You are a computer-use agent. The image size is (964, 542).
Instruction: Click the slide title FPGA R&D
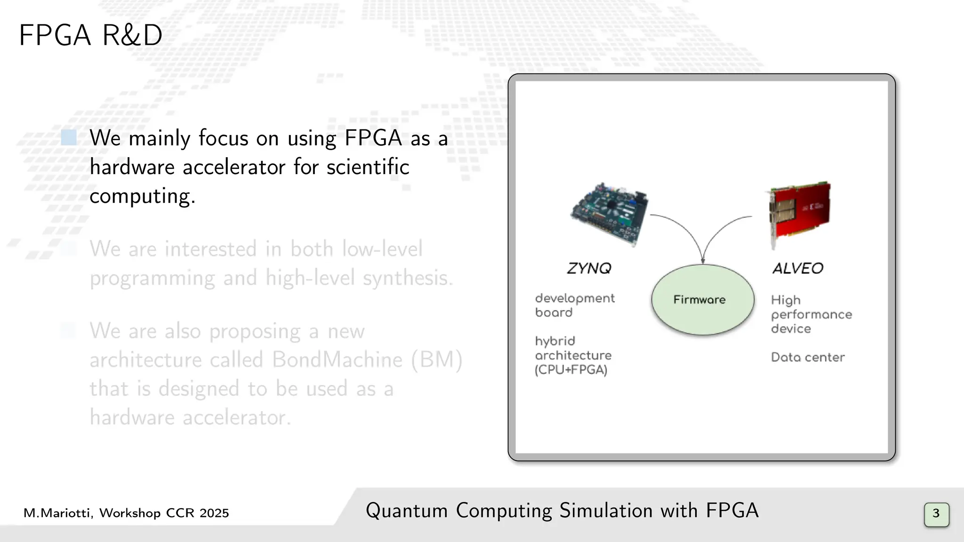[x=90, y=35]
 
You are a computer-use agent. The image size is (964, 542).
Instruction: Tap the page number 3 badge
[x=936, y=514]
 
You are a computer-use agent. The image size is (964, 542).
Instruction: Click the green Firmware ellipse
[x=702, y=300]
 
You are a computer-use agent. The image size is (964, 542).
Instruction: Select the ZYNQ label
[x=589, y=268]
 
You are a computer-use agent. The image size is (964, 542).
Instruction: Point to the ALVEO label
[x=798, y=268]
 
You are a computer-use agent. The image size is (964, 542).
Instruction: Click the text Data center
[x=808, y=357]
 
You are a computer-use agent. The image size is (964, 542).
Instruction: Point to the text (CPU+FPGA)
[x=571, y=370]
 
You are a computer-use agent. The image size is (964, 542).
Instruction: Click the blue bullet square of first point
[x=69, y=138]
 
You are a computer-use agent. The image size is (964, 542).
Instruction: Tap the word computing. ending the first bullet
[x=142, y=196]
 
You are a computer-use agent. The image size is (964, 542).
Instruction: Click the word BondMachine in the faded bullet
[x=337, y=360]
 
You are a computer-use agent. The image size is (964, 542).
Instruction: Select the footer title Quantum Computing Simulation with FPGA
[x=562, y=510]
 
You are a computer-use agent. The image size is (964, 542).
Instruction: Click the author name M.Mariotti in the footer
[x=57, y=513]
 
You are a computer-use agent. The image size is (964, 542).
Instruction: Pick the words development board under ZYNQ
[x=574, y=305]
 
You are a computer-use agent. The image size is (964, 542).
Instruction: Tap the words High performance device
[x=811, y=314]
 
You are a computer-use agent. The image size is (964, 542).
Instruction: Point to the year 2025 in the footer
[x=214, y=513]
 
